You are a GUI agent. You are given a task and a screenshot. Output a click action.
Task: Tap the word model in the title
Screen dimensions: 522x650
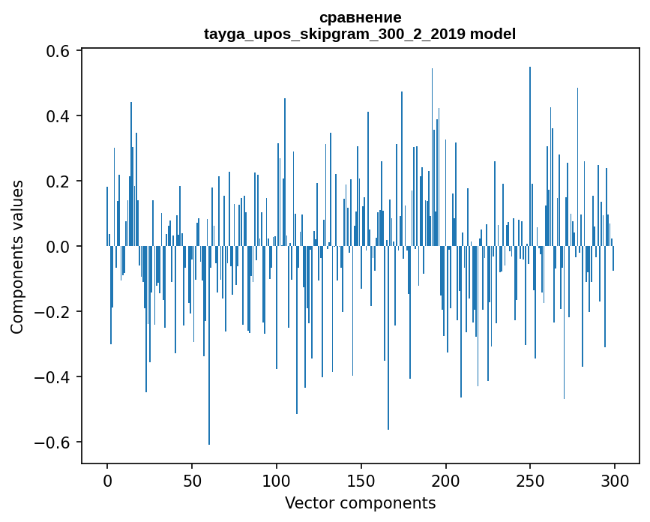tap(493, 34)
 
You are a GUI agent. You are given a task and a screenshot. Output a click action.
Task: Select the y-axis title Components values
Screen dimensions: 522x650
tap(17, 256)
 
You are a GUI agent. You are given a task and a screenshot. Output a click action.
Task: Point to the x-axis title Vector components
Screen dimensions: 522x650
tap(360, 502)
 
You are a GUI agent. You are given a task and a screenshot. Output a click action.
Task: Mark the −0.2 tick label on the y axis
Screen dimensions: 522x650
tap(52, 312)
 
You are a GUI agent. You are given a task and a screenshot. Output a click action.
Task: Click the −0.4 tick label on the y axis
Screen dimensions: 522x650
tap(52, 376)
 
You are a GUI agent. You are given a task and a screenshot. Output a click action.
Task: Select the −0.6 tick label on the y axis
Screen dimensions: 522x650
tap(52, 442)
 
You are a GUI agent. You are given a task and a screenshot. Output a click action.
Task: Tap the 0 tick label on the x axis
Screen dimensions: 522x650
tap(107, 480)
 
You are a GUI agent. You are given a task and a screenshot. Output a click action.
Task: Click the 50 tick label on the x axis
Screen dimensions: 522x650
tap(192, 480)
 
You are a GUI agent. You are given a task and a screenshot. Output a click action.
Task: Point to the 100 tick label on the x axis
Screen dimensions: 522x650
tap(277, 480)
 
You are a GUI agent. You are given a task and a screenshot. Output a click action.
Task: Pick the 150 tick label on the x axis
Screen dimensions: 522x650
tap(361, 480)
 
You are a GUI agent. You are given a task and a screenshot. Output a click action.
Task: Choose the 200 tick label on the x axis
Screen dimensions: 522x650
tap(446, 480)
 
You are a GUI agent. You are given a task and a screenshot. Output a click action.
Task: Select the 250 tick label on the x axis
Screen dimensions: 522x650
tap(530, 480)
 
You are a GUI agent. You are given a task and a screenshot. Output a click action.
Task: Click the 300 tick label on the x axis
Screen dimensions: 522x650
tap(615, 480)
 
